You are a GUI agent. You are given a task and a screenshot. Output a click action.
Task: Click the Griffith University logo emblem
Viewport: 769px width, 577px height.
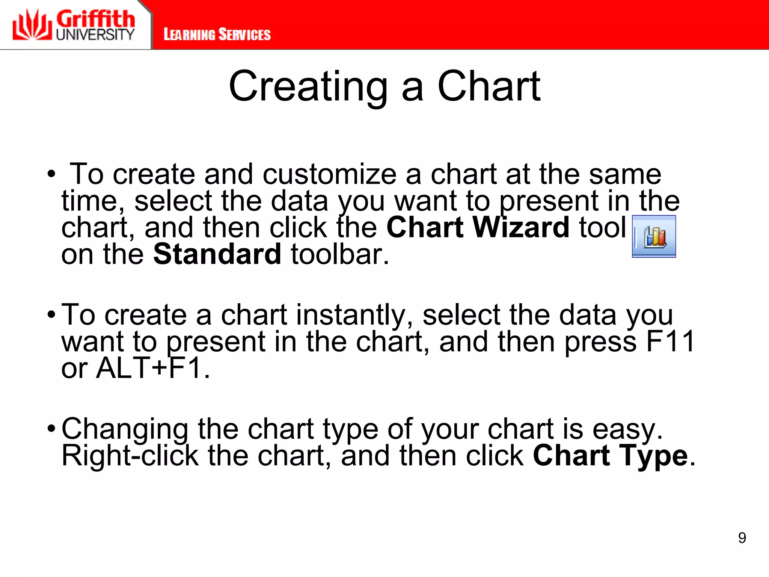(32, 25)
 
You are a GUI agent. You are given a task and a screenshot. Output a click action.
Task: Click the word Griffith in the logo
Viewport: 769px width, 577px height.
(95, 19)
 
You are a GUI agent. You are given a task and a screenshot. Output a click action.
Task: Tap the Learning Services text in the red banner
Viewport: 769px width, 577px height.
(217, 35)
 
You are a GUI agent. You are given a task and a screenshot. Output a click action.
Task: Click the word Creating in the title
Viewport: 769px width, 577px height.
(308, 87)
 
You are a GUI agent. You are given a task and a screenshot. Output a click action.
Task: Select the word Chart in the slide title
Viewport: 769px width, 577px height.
(489, 87)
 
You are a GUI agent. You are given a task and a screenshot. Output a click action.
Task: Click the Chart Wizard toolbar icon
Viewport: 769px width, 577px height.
(654, 237)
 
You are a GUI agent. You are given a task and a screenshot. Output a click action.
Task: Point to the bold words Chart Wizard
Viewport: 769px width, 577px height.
(478, 228)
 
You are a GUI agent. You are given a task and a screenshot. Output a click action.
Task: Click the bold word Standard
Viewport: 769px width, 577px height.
(217, 254)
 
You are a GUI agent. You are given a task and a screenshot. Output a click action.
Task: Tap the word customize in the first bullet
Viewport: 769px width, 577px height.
(329, 174)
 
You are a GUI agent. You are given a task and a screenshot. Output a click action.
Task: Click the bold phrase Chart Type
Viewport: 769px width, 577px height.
(610, 456)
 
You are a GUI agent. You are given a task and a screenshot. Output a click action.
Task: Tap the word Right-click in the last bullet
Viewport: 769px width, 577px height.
(130, 456)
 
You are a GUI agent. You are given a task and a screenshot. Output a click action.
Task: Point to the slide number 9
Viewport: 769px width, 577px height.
(742, 538)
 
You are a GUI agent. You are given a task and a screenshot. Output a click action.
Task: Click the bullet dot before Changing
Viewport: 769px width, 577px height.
(51, 428)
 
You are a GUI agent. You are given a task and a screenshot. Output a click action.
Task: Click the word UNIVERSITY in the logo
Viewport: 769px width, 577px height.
(95, 35)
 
